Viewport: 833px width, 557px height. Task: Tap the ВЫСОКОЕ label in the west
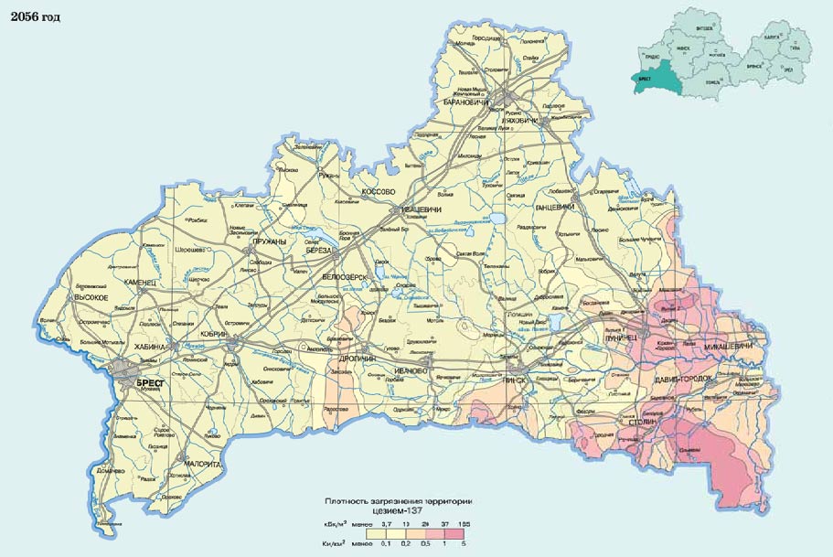[92, 298]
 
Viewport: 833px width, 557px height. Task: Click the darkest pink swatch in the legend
[462, 531]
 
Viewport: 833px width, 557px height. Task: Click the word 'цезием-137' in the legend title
[403, 510]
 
